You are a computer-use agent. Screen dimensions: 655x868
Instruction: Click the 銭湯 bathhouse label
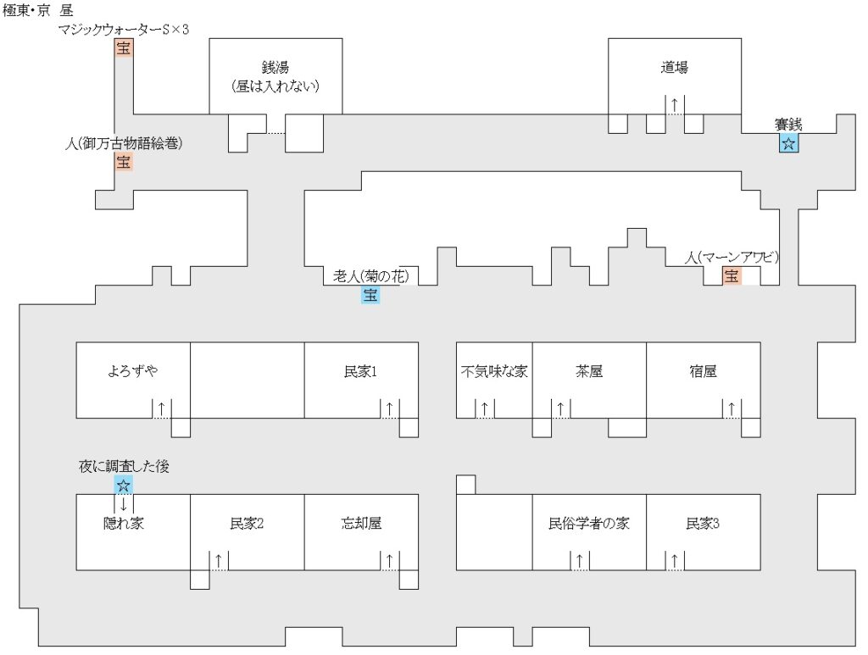[275, 68]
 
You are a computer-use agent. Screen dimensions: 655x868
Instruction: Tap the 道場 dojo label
[675, 68]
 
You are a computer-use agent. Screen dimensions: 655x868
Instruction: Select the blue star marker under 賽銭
[788, 143]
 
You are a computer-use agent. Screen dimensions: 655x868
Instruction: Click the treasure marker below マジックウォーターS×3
[124, 49]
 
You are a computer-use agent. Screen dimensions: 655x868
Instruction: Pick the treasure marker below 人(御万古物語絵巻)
[124, 162]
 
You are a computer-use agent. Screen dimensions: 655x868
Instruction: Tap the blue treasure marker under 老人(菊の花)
[370, 295]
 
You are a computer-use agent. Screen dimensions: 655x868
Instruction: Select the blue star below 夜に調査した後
[124, 486]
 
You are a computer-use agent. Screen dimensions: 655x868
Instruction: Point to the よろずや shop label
[133, 371]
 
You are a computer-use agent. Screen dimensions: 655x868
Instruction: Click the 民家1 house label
[360, 371]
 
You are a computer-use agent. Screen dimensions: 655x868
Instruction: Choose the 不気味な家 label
[494, 371]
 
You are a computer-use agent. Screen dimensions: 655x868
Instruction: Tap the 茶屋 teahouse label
[589, 371]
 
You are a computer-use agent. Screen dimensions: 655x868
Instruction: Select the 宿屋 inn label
[703, 371]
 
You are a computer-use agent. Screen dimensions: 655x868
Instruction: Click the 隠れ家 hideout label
[124, 524]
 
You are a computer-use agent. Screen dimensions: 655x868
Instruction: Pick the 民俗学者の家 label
[589, 524]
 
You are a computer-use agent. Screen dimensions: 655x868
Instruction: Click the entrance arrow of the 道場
[675, 104]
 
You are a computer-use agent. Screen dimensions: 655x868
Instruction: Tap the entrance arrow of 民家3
[675, 560]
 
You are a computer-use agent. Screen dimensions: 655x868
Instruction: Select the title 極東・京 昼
[39, 12]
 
